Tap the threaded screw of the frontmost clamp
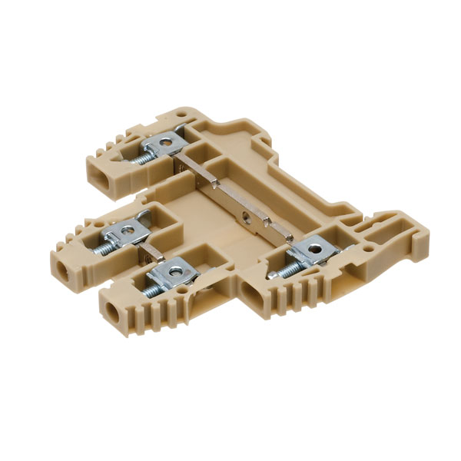151,285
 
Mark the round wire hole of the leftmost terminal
61,269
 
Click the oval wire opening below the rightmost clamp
254,292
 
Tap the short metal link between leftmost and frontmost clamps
151,250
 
